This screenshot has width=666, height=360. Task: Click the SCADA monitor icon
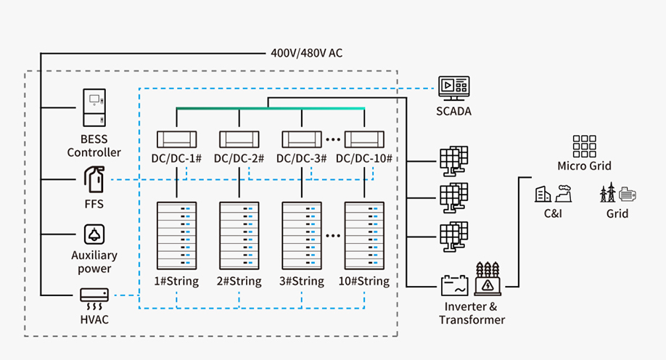tap(454, 89)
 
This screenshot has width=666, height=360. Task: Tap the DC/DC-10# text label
tap(364, 158)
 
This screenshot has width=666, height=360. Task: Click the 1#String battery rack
tap(177, 236)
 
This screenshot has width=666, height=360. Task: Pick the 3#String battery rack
tap(302, 236)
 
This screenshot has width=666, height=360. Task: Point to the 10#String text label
tap(364, 281)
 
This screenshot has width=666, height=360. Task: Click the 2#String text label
tap(239, 281)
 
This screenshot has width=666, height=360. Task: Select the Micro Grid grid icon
tap(584, 146)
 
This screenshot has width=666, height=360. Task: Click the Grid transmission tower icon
tap(617, 193)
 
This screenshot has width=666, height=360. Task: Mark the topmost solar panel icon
tap(454, 161)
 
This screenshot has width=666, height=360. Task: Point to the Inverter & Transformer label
tap(472, 313)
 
